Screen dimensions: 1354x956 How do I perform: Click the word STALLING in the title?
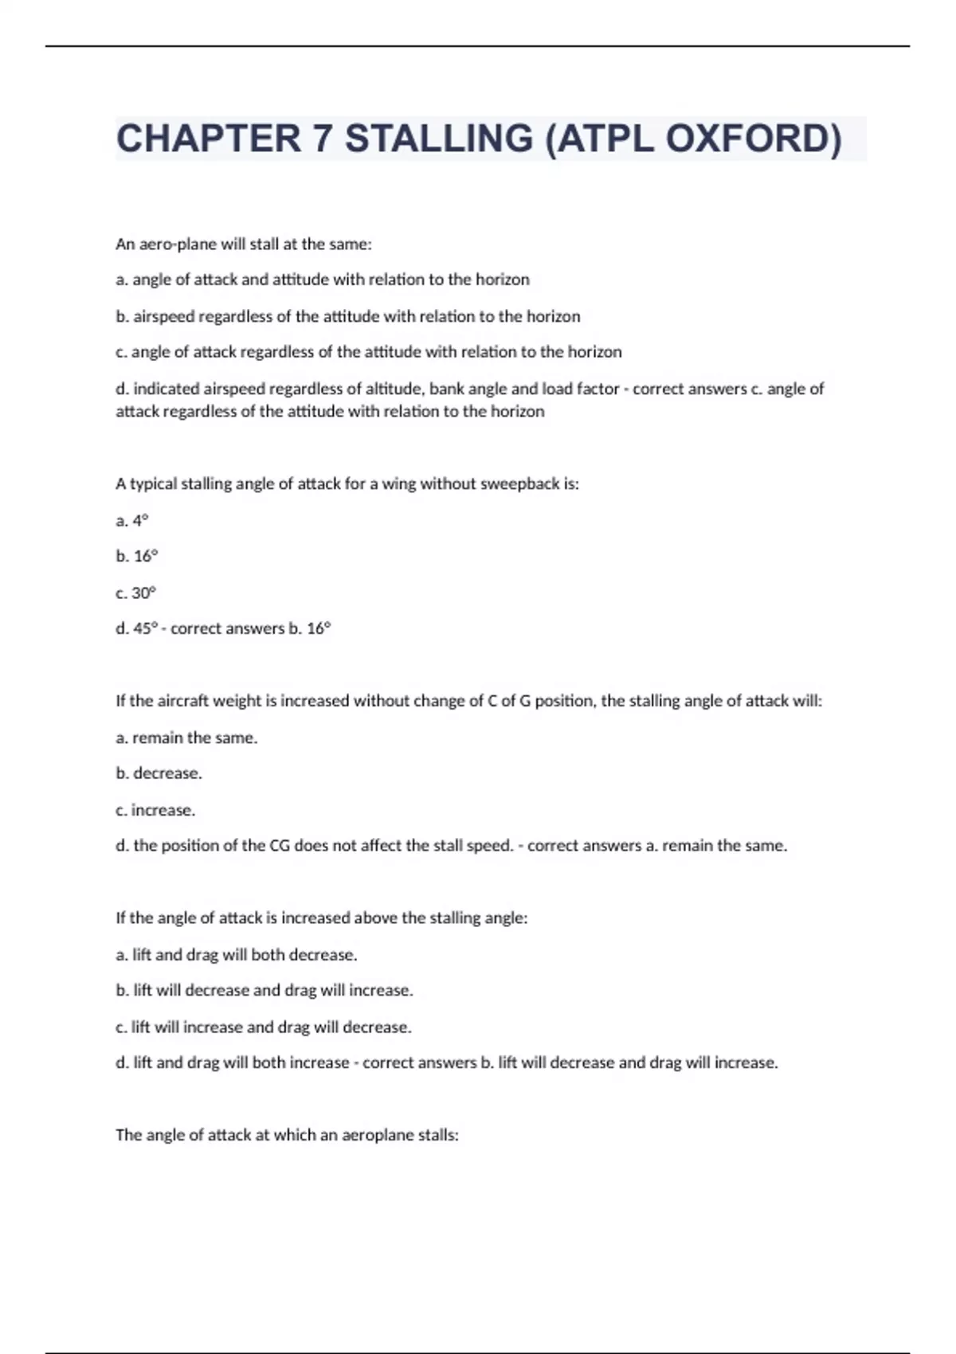tap(439, 139)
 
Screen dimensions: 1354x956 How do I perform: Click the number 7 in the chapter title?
tap(323, 139)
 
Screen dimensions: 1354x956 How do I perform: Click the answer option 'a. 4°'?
tap(132, 521)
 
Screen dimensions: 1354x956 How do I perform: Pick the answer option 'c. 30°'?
tap(136, 593)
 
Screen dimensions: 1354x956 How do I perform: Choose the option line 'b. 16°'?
tap(137, 557)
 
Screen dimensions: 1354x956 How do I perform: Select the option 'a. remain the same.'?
tap(186, 738)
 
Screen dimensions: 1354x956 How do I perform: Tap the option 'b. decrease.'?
tap(159, 773)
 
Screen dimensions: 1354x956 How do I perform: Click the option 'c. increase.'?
tap(155, 810)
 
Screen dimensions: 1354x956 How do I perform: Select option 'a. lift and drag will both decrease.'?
tap(237, 955)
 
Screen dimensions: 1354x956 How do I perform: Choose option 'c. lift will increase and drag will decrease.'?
tap(264, 1027)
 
